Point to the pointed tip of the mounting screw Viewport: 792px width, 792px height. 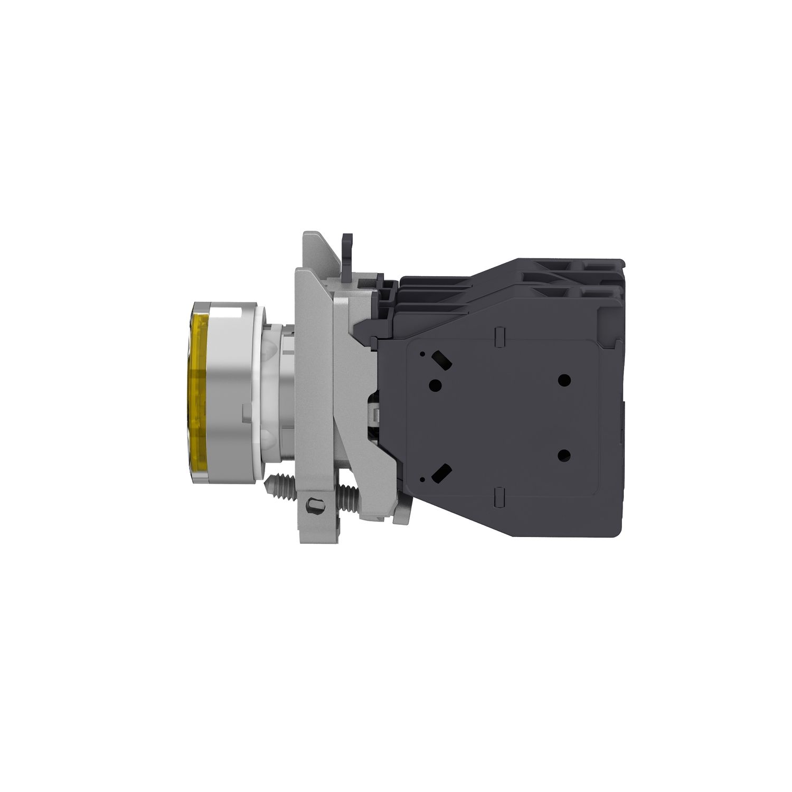tap(268, 484)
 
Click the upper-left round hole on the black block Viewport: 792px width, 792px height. tap(436, 384)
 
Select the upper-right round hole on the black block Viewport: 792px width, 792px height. tap(564, 379)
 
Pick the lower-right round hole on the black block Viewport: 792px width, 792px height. tap(564, 454)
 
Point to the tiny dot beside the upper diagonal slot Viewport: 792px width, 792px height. tap(423, 355)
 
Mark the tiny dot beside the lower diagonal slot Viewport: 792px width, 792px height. tap(423, 478)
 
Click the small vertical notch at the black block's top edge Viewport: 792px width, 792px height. tap(499, 334)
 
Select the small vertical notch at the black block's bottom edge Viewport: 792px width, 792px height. tap(499, 496)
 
